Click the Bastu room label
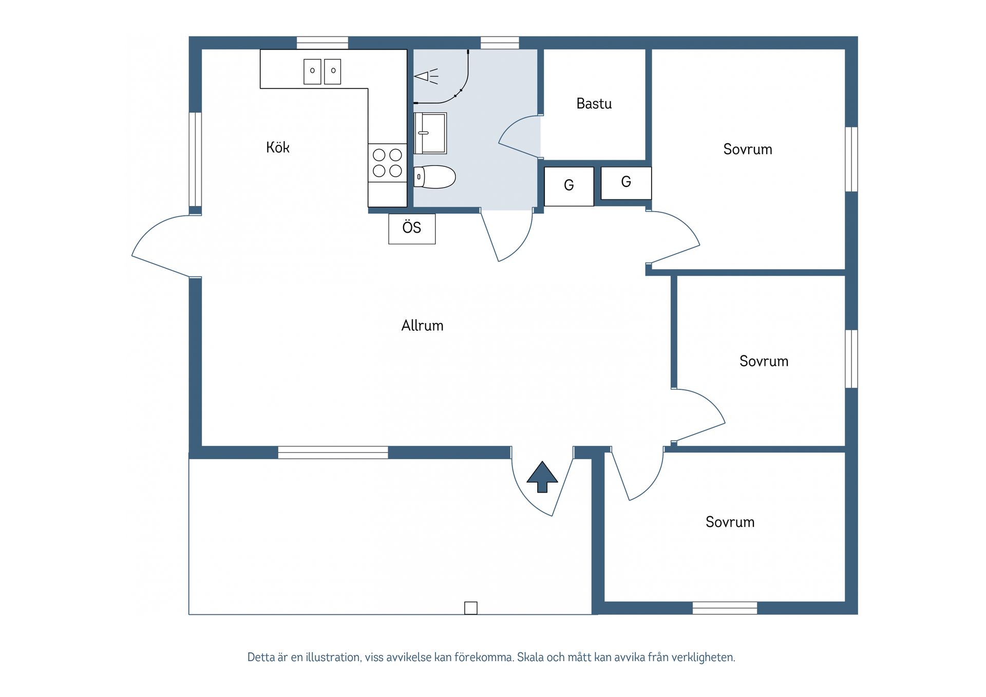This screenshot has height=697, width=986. pos(594,104)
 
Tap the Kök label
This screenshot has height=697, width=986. pos(278,147)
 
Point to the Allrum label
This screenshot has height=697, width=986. pos(422,326)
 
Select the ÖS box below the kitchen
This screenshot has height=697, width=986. pos(412,229)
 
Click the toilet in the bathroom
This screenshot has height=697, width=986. pos(434,177)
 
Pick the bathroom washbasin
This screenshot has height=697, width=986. pos(430,134)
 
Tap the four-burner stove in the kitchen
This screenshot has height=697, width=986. pos(387,162)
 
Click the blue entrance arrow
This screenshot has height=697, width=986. pos(542,477)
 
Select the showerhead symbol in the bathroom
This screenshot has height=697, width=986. pos(426,77)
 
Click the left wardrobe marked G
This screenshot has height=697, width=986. pos(569,186)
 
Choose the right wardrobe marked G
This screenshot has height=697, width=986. pos(626,183)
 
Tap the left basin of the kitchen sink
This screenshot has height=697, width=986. pos(312,71)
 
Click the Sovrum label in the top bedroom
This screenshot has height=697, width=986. pos(748,149)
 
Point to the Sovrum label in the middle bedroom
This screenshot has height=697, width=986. pos(764,361)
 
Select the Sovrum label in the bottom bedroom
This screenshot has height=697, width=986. pos(730,522)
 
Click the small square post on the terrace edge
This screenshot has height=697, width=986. pos(471,608)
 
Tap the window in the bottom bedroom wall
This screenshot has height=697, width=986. pos(725,608)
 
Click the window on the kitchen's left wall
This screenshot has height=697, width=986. pos(195,159)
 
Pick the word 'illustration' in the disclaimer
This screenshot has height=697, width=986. pos(333,657)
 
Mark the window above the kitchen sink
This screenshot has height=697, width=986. pos(323,43)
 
